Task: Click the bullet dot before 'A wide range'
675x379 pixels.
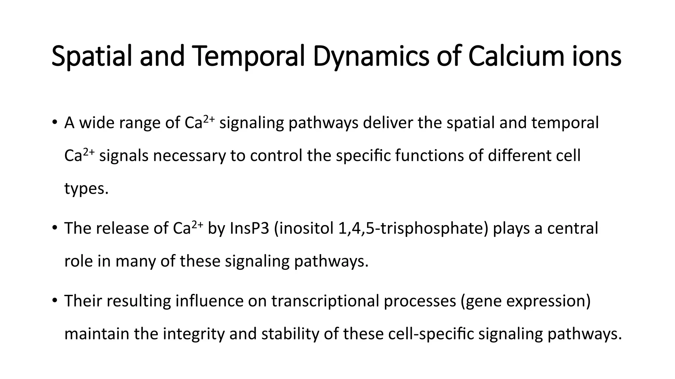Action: [54, 122]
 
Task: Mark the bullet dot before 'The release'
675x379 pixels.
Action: [54, 228]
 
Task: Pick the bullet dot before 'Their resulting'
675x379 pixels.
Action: [54, 300]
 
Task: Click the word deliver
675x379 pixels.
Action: [388, 123]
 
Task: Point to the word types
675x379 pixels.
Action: [86, 189]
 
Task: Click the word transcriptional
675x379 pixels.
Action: [325, 301]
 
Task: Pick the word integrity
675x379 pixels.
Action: [194, 334]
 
